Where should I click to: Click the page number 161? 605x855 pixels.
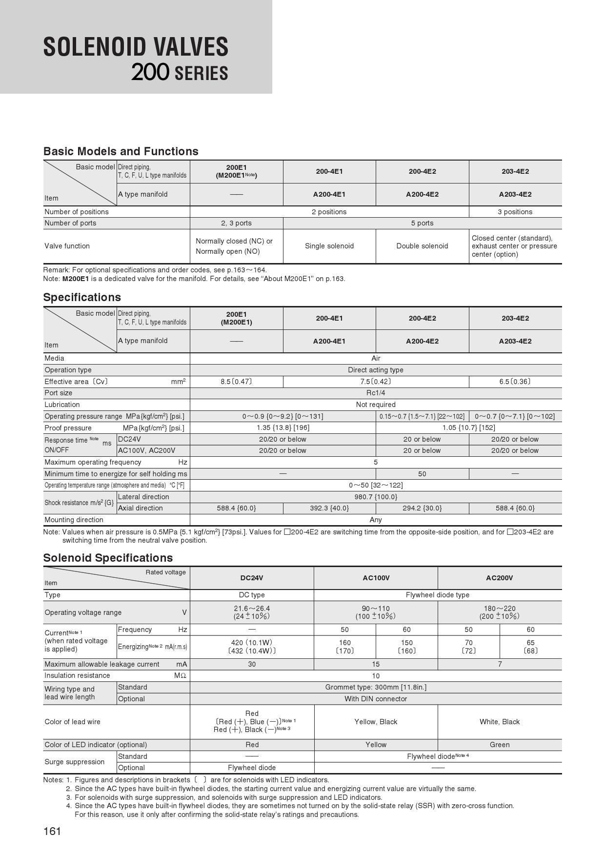click(x=52, y=831)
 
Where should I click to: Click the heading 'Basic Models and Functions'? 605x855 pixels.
click(x=121, y=151)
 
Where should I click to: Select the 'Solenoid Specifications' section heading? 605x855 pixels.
click(x=108, y=558)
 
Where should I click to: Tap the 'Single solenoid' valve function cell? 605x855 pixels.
click(x=329, y=246)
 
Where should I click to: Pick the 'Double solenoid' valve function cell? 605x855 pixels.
click(x=422, y=246)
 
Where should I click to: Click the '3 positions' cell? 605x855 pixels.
click(x=515, y=212)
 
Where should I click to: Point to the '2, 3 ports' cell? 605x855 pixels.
click(x=236, y=223)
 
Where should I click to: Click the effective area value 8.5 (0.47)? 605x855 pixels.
click(x=236, y=382)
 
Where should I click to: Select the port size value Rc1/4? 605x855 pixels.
click(x=376, y=393)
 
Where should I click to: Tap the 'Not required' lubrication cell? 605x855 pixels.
click(x=376, y=405)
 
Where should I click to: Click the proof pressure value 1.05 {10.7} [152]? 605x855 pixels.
click(x=468, y=427)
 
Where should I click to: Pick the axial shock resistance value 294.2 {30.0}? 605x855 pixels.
click(x=422, y=508)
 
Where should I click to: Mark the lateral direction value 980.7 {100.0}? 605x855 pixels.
click(x=376, y=497)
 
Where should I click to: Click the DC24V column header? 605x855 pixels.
click(x=252, y=578)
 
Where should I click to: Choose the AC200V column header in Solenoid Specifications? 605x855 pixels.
click(x=500, y=578)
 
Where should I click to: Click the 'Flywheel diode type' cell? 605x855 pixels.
click(x=438, y=595)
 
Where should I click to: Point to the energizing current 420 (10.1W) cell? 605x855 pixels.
click(x=252, y=643)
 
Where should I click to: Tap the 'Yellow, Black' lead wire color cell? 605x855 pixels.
click(x=376, y=722)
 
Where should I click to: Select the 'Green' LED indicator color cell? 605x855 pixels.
click(x=500, y=745)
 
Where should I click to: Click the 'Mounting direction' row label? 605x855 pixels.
click(x=74, y=520)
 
